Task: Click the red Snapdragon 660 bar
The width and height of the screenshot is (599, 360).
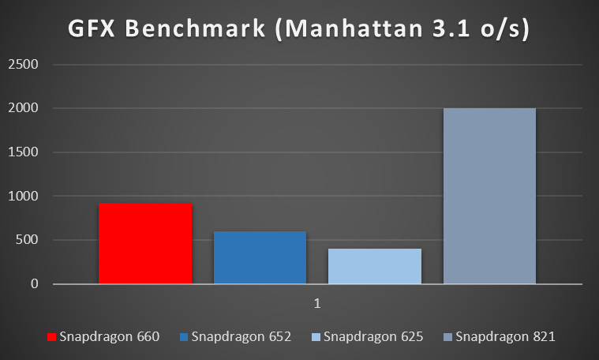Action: (145, 243)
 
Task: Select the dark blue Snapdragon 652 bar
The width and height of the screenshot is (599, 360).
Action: (260, 257)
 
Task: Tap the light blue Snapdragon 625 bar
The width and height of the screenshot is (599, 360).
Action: (375, 266)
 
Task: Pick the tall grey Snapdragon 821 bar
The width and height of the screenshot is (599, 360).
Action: (489, 196)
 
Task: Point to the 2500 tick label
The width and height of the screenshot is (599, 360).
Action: (23, 65)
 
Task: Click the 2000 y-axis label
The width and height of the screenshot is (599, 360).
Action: (23, 108)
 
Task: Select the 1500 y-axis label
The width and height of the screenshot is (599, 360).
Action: (23, 152)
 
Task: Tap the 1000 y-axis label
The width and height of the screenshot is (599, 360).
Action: (23, 196)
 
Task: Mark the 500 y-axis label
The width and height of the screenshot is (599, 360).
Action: (27, 240)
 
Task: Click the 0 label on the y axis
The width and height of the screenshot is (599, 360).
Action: (34, 283)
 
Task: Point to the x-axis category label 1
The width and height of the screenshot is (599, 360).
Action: (317, 302)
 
